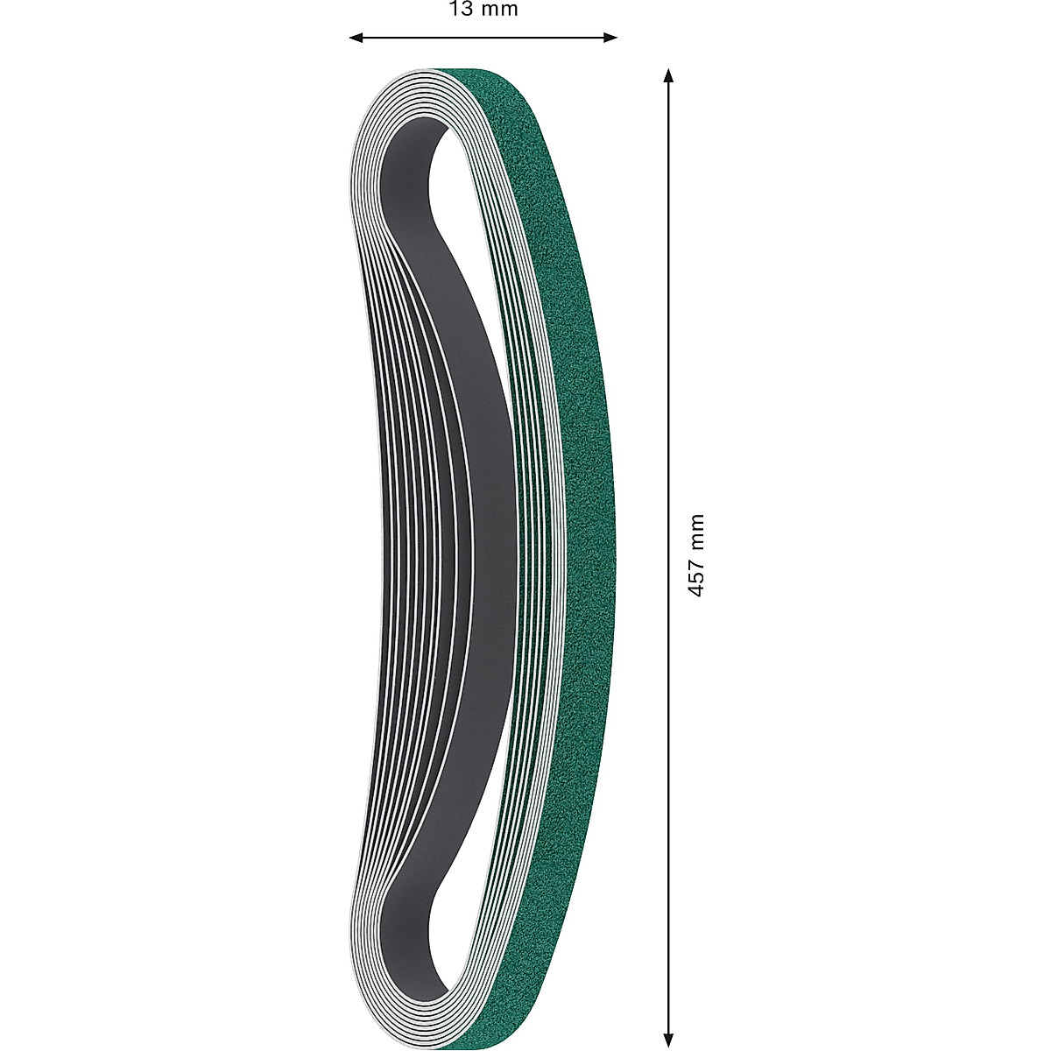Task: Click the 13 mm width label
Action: pyautogui.click(x=483, y=10)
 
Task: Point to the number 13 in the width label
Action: pyautogui.click(x=462, y=10)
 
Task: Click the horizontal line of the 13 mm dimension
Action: pyautogui.click(x=483, y=37)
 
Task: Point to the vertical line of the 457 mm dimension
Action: pyautogui.click(x=669, y=350)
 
